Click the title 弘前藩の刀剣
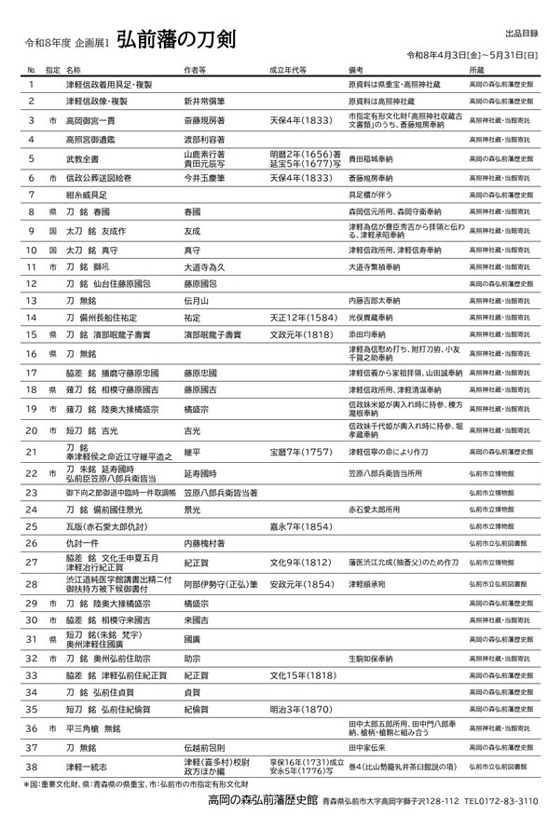[176, 40]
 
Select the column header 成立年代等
[289, 70]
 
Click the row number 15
[31, 334]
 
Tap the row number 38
[31, 767]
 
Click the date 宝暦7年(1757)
[300, 452]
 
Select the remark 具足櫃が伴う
[371, 194]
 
